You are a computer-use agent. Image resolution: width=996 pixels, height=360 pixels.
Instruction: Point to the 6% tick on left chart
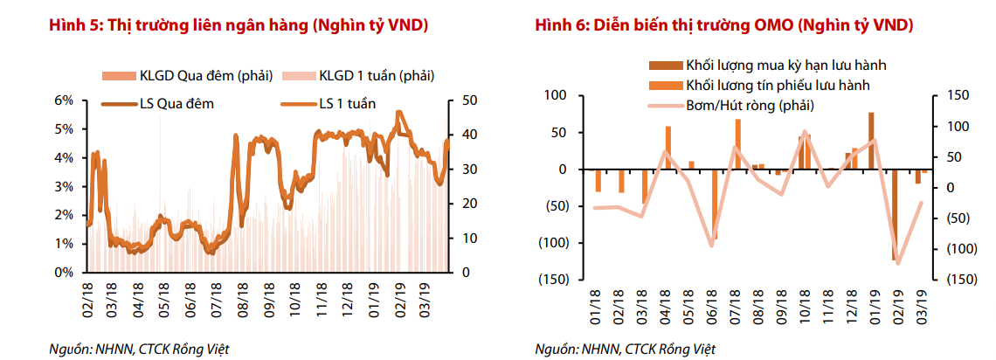64,100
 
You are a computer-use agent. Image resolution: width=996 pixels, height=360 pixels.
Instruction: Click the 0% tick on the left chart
64,272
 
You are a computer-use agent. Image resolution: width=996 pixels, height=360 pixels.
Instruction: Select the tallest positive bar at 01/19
871,141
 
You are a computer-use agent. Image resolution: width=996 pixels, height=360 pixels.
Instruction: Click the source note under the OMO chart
625,350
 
